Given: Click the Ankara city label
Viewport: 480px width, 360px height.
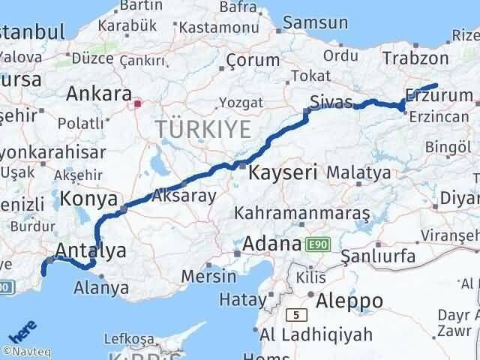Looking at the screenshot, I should point(96,94).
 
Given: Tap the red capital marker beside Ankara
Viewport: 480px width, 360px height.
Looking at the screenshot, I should point(137,104).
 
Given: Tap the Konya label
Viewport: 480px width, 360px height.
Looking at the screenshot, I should point(88,199).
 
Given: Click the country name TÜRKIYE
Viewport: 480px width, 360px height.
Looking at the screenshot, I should point(204,130).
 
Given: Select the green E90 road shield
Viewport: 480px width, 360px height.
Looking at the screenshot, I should point(317,244).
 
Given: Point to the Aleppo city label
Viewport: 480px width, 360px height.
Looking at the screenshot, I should point(349,301).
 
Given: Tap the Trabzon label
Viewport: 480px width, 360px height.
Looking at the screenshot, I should point(415,58).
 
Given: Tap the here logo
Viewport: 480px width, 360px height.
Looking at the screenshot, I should point(22,332).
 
